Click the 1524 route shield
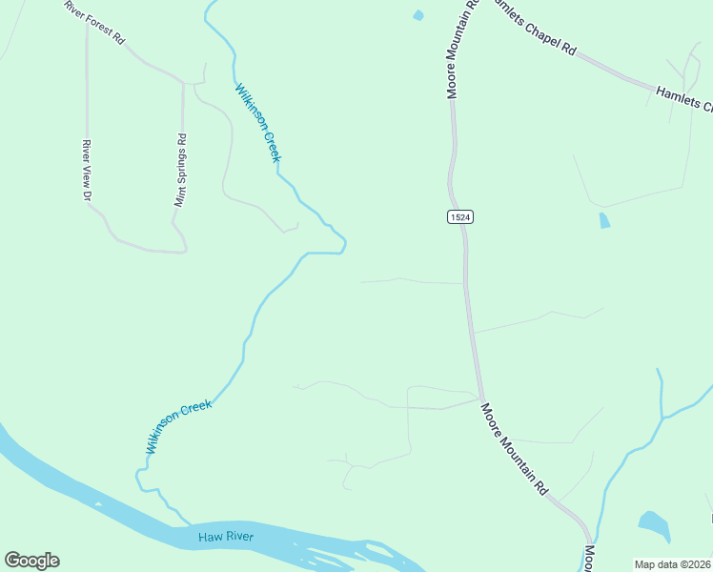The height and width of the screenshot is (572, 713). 459,217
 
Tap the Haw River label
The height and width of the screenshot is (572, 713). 226,538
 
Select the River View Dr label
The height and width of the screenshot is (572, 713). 86,170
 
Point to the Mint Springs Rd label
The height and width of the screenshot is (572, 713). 179,170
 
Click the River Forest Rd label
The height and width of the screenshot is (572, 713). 94,21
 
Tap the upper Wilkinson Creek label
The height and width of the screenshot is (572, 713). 258,123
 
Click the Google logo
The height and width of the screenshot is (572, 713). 31,561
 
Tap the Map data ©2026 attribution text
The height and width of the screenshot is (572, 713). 672,564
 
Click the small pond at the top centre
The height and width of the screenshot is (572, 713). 418,15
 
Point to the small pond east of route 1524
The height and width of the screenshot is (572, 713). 603,221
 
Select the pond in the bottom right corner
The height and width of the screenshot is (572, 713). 654,524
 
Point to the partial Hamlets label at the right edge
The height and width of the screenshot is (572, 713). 683,97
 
